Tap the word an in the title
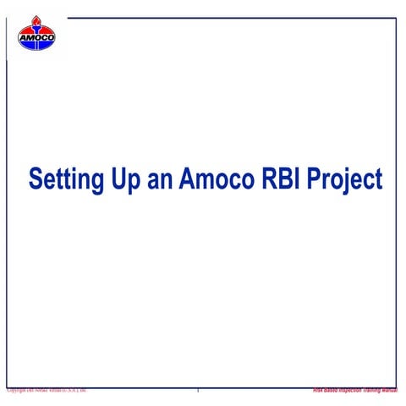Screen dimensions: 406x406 [x=160, y=179]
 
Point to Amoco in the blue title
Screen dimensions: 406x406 [x=212, y=179]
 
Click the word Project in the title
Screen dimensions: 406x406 [x=345, y=179]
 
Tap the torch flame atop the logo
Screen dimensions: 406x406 [x=36, y=21]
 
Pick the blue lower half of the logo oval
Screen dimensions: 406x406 [x=36, y=44]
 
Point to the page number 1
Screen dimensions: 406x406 [x=198, y=391]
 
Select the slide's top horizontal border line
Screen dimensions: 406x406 [x=228, y=18]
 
